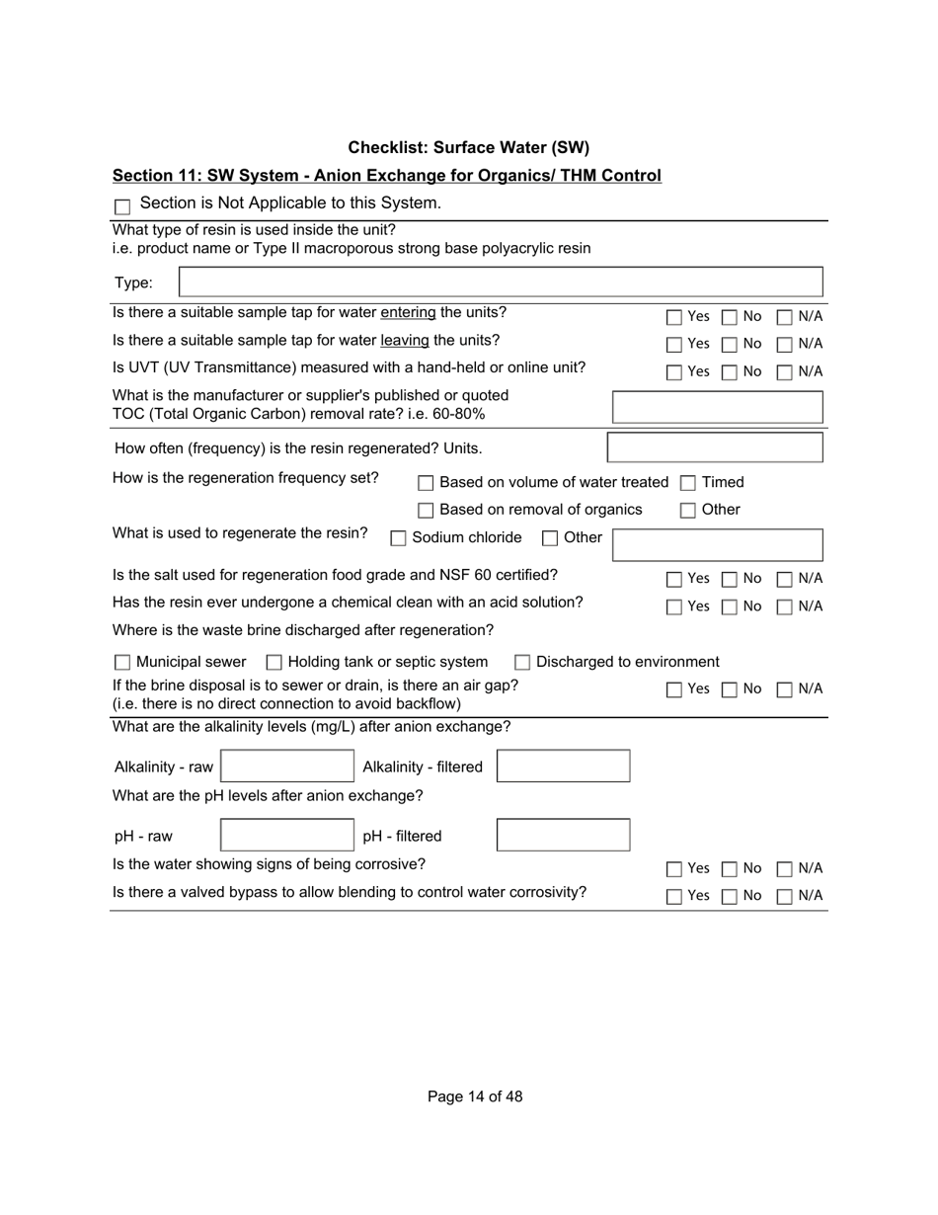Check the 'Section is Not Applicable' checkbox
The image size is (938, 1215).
coord(122,206)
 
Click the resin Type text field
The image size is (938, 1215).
coord(500,282)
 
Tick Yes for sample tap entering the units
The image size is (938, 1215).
coord(673,317)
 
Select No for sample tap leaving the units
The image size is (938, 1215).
coord(729,345)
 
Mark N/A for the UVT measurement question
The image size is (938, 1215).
coord(784,372)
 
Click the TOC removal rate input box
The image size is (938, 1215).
coord(717,407)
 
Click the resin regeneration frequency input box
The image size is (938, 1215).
coord(714,447)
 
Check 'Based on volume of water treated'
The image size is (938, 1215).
coord(426,483)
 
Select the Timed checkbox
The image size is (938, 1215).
coord(688,483)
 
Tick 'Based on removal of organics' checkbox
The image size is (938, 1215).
coord(426,511)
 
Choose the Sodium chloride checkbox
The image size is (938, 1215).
coord(398,538)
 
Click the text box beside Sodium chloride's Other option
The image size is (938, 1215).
coord(717,544)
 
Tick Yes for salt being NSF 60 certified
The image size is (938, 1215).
coord(673,579)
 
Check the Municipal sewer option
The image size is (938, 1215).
coord(122,663)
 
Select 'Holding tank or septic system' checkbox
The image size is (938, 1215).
coord(274,663)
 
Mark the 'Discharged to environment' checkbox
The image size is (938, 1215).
coord(522,663)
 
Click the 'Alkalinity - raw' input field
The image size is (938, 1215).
coord(286,767)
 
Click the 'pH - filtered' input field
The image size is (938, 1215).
coord(563,836)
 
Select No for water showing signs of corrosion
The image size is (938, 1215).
coord(729,869)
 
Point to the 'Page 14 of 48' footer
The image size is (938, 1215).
coord(475,1096)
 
